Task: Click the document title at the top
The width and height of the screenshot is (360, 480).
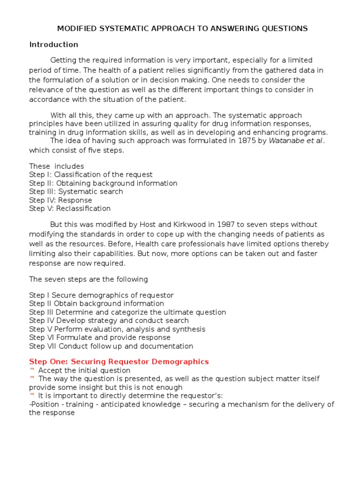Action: click(x=182, y=29)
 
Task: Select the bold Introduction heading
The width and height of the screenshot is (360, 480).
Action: click(x=53, y=45)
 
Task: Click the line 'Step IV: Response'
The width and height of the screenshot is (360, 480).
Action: click(x=60, y=200)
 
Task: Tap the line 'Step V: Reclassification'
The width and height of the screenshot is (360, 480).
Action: click(x=70, y=209)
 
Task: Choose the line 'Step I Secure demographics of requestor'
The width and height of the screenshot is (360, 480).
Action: click(x=101, y=295)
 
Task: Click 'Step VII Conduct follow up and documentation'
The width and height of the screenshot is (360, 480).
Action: click(x=111, y=346)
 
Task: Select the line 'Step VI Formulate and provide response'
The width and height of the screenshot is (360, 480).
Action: click(x=100, y=337)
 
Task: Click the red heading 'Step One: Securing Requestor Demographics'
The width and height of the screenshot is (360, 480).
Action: click(x=119, y=362)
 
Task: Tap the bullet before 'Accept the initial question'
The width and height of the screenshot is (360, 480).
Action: click(x=32, y=370)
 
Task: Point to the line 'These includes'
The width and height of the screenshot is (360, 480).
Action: click(x=57, y=166)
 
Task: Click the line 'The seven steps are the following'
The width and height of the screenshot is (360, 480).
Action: click(x=89, y=279)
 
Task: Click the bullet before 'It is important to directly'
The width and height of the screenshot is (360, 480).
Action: click(x=32, y=395)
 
